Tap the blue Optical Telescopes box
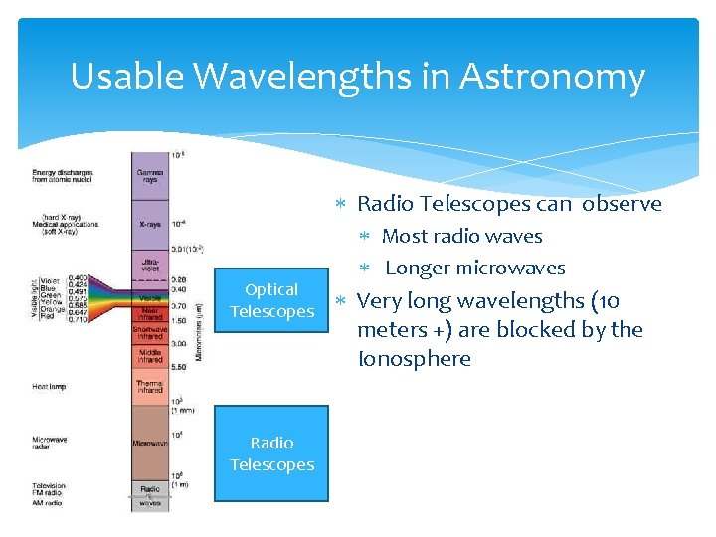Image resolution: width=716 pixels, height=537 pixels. coord(271,300)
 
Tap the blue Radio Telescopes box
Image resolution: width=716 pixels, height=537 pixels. coord(271,453)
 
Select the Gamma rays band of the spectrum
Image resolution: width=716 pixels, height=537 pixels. coord(150,176)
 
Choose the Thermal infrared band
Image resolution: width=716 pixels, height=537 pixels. coord(150,387)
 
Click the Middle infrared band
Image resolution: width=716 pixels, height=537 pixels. coord(150,354)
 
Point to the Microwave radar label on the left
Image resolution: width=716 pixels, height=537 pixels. coord(50,443)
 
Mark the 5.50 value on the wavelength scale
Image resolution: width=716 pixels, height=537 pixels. coord(179,368)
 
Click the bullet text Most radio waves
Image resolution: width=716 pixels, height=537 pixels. coord(461,236)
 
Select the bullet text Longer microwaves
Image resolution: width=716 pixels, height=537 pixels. coord(474,268)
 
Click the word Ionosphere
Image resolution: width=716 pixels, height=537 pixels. coord(414,359)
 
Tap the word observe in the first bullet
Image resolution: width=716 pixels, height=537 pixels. coord(622,204)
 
